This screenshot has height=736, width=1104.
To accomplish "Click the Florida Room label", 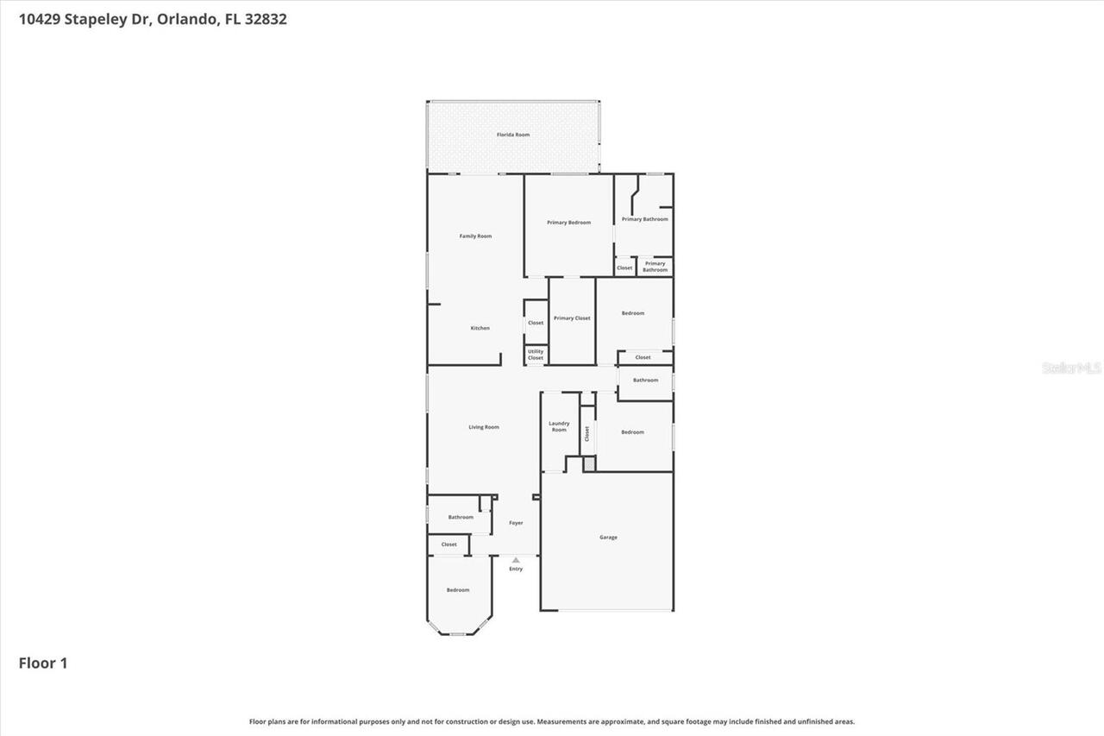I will click(x=512, y=135).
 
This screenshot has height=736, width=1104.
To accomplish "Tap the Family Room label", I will click(x=475, y=236).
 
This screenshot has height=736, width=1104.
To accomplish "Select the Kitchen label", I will click(x=480, y=328).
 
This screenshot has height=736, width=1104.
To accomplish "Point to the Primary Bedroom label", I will click(x=568, y=223).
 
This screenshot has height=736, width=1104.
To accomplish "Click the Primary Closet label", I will click(x=572, y=318).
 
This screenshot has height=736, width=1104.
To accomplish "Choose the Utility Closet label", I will click(x=536, y=355).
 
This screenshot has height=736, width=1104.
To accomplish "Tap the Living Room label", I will click(x=484, y=427).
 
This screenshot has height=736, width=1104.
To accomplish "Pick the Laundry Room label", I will click(x=559, y=426).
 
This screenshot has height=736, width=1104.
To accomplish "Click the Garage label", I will click(x=608, y=538).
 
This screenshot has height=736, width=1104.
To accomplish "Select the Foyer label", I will click(x=516, y=523).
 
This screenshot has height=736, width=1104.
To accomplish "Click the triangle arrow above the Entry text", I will click(x=516, y=560).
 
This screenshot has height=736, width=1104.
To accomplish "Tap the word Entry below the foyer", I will click(x=516, y=569).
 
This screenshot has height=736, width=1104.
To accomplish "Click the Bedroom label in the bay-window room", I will click(x=458, y=590).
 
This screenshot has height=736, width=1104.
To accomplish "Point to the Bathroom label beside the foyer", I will click(x=461, y=518).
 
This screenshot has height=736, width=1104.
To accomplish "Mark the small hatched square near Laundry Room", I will click(x=589, y=464).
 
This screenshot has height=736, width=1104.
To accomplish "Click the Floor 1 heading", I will click(x=43, y=663).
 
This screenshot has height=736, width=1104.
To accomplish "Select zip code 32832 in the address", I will click(x=267, y=19).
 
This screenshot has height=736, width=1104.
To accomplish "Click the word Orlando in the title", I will click(x=187, y=19).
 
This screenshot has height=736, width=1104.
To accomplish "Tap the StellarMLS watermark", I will click(x=1071, y=368).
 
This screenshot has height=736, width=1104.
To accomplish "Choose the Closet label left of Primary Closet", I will click(x=536, y=323).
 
